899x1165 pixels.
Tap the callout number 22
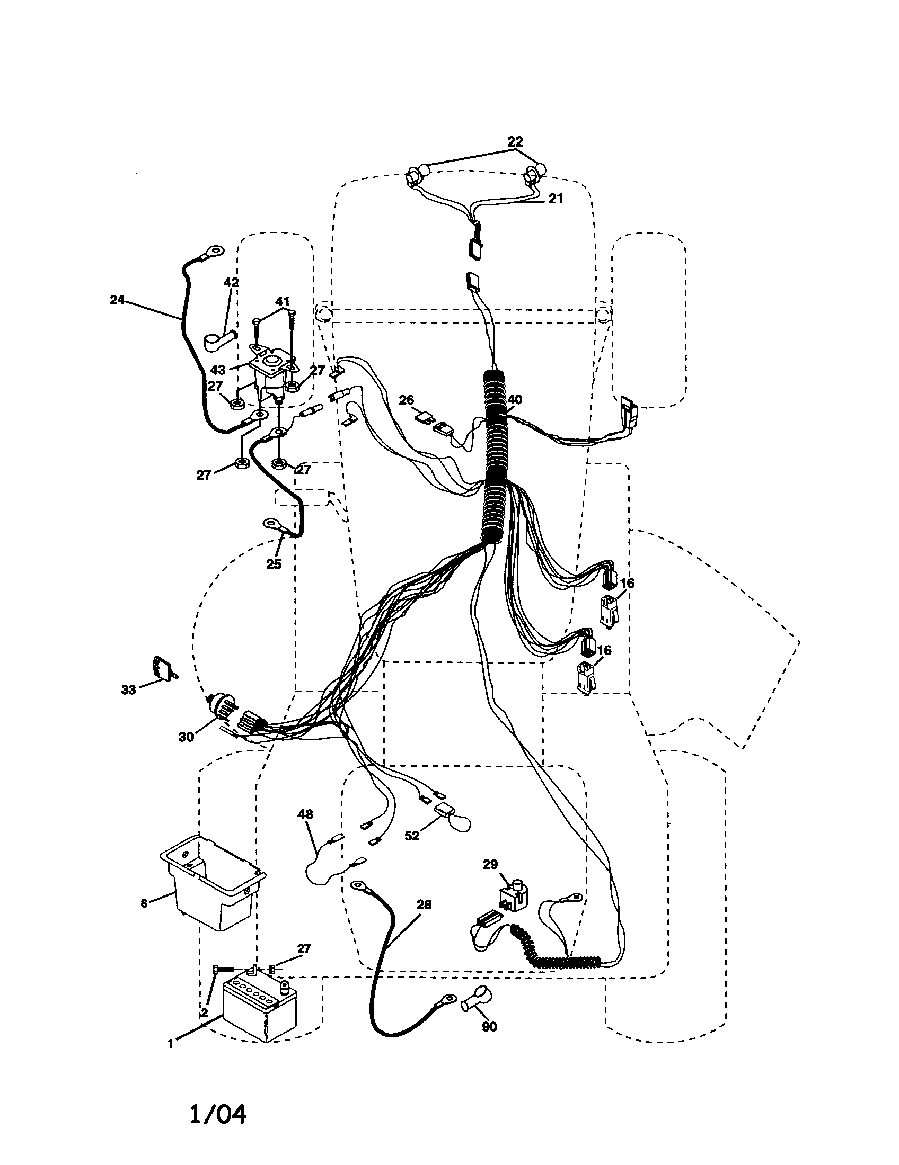tap(515, 141)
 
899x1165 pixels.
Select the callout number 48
tap(305, 814)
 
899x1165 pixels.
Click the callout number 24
tap(117, 300)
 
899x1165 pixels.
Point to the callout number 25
tap(274, 564)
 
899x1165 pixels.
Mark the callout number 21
tap(556, 199)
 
